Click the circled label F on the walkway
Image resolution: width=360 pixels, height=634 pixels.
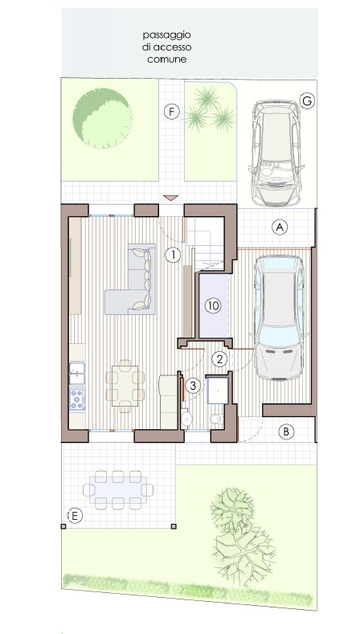[171, 112]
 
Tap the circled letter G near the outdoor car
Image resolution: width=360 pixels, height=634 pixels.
[307, 100]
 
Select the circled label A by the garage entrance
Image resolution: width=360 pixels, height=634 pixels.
[279, 227]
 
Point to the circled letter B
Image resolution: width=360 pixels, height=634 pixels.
[286, 432]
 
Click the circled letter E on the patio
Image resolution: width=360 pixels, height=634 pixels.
[75, 516]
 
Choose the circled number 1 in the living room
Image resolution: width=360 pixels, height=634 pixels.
[173, 256]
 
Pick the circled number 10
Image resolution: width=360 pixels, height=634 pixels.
[213, 305]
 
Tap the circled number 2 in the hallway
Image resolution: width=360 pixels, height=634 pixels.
[219, 358]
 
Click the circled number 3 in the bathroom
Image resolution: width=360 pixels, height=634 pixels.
[193, 386]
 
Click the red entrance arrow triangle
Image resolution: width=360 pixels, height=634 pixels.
[170, 198]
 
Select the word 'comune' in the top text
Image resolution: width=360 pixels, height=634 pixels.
[167, 59]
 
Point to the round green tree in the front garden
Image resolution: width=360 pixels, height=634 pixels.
[102, 118]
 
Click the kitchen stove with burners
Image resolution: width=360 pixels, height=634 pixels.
[77, 399]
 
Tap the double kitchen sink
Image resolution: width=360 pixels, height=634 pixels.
[77, 373]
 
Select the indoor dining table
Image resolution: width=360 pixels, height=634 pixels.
[125, 386]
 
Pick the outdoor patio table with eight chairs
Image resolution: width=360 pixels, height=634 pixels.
[118, 489]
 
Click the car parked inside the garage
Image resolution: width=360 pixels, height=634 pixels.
[279, 318]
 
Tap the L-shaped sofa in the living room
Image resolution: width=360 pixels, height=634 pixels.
[130, 279]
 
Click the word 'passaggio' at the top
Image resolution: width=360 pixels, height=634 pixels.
[166, 35]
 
